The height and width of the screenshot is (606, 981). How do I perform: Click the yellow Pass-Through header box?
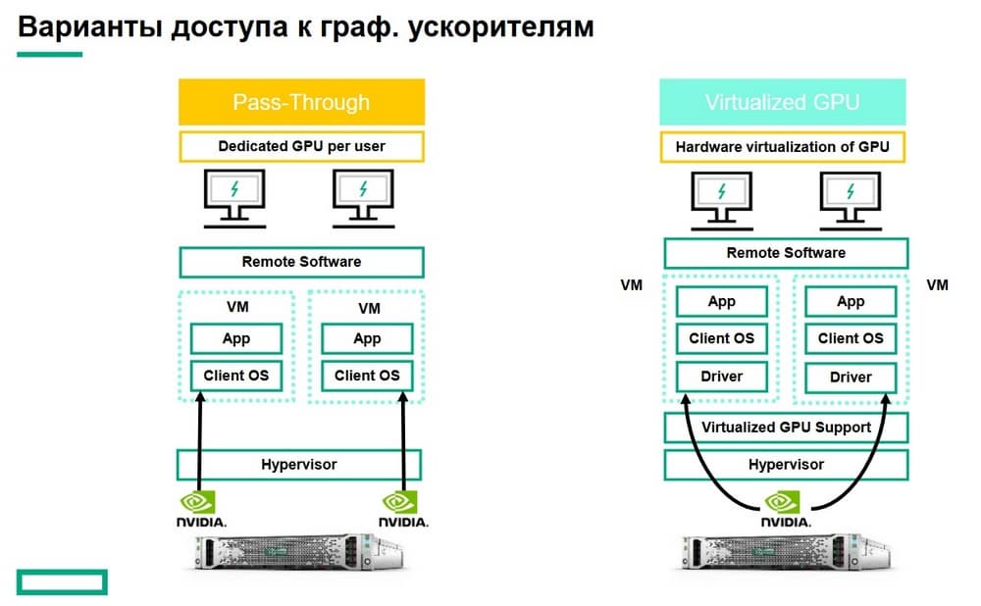[x=301, y=102]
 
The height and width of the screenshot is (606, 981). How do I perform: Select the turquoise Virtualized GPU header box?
[x=782, y=102]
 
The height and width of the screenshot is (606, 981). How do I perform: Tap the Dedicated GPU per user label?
[x=301, y=147]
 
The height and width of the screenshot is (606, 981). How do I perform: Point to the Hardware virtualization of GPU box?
[x=782, y=147]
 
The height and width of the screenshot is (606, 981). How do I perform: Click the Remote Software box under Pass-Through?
[x=301, y=262]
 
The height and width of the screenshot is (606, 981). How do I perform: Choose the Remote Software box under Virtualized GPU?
[x=785, y=253]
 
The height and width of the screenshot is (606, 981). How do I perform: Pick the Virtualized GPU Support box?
[x=786, y=428]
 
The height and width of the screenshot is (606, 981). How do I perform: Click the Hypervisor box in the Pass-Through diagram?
[x=299, y=464]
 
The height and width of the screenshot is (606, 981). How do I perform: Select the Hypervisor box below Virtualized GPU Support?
[x=786, y=464]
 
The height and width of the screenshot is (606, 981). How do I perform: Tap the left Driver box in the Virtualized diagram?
[x=721, y=376]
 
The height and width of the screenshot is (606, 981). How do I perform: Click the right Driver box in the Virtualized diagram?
[x=851, y=377]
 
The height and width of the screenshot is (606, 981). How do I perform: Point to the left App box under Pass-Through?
[x=235, y=338]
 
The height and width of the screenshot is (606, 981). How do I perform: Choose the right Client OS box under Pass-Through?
[x=367, y=376]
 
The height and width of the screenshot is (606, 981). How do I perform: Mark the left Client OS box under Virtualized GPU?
[x=721, y=338]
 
